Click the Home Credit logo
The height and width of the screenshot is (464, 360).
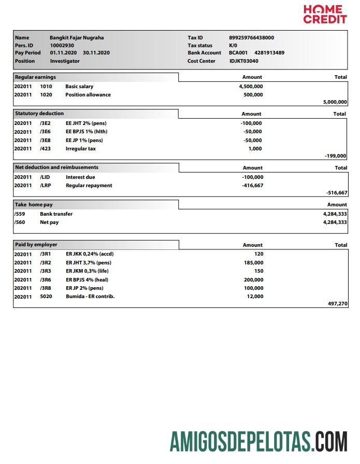325,14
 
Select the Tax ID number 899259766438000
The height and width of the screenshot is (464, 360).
251,38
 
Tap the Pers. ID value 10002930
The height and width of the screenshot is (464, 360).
62,45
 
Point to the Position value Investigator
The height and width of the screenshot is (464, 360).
65,61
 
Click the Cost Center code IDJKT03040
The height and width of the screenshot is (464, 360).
243,61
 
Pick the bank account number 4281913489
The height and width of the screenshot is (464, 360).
269,53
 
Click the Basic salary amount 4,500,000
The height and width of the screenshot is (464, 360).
251,87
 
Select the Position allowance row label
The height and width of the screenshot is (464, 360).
88,95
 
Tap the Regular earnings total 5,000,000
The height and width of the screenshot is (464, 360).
335,102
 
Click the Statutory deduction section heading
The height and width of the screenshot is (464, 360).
39,114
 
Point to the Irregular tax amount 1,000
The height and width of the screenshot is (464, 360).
255,149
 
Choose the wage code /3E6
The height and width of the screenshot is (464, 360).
45,132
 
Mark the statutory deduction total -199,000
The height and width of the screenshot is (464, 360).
335,156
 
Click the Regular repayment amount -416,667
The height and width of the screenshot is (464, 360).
252,186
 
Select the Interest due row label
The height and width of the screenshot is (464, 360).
80,177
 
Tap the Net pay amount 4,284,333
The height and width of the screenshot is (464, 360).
335,222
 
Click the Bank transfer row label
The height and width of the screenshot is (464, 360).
56,214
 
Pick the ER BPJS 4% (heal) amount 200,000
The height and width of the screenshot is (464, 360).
253,279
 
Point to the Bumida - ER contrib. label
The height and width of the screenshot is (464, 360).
90,297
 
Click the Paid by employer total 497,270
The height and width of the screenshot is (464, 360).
337,304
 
